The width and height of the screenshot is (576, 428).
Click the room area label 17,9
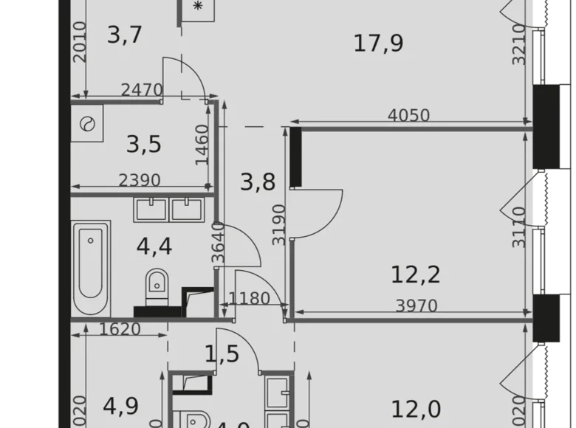click(x=378, y=44)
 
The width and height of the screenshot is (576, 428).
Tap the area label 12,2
click(x=415, y=275)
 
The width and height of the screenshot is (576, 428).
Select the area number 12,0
click(x=415, y=408)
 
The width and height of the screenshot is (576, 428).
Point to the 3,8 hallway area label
click(x=258, y=181)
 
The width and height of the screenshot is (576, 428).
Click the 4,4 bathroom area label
click(x=154, y=246)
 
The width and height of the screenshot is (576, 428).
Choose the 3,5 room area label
click(x=143, y=144)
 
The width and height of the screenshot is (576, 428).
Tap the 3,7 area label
click(x=124, y=34)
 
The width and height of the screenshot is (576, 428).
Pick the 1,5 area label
click(x=222, y=353)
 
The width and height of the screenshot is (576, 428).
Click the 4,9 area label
click(x=121, y=407)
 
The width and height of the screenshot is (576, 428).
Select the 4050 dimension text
click(x=409, y=116)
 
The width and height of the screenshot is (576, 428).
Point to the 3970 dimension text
click(x=417, y=306)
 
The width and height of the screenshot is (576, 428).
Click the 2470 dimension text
click(x=142, y=91)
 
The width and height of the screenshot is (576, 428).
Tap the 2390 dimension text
click(x=140, y=179)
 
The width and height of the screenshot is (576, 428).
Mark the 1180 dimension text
click(x=249, y=299)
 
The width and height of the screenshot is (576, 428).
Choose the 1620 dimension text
click(x=120, y=329)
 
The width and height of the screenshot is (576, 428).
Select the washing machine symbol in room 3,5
click(x=87, y=125)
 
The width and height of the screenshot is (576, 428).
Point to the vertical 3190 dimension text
click(x=278, y=224)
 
